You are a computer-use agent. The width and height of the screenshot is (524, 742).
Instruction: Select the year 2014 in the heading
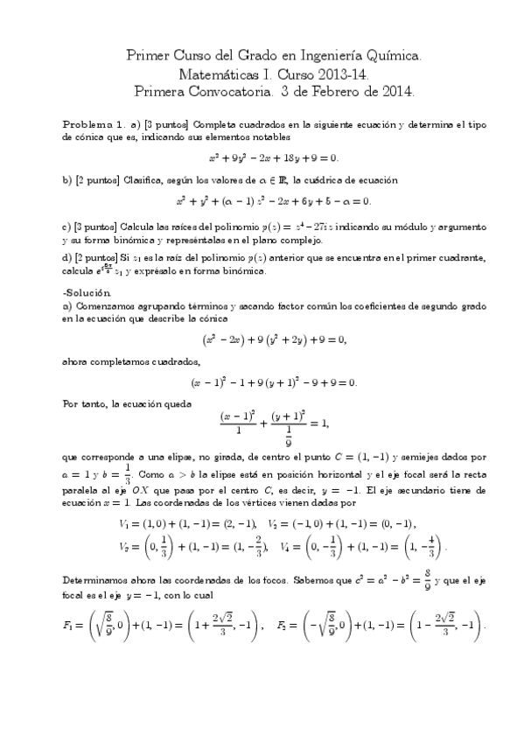[x=396, y=90]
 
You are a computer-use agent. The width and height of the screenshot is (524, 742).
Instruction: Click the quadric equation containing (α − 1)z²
[x=273, y=200]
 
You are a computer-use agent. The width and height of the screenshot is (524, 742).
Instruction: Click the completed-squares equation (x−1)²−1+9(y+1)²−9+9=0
[x=274, y=383]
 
